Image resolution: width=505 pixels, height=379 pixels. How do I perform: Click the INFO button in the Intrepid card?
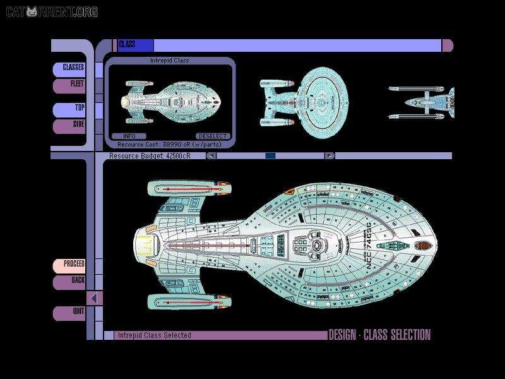pyautogui.click(x=129, y=136)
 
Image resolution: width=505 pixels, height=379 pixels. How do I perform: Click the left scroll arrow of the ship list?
pyautogui.click(x=211, y=155)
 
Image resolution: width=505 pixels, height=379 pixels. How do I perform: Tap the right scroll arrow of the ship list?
pyautogui.click(x=330, y=155)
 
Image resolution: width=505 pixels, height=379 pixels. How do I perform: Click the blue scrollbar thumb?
pyautogui.click(x=270, y=155)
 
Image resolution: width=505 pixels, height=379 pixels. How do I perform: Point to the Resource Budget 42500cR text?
pyautogui.click(x=149, y=155)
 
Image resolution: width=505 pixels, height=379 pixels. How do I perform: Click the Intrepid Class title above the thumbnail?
pyautogui.click(x=170, y=61)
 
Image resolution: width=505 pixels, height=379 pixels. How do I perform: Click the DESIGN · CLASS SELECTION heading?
pyautogui.click(x=379, y=335)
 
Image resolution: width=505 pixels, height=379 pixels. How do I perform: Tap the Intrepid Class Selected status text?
pyautogui.click(x=154, y=335)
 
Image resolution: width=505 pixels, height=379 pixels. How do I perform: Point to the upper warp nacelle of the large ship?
pyautogui.click(x=189, y=188)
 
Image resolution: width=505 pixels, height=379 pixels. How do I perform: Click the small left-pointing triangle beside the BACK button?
pyautogui.click(x=94, y=298)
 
